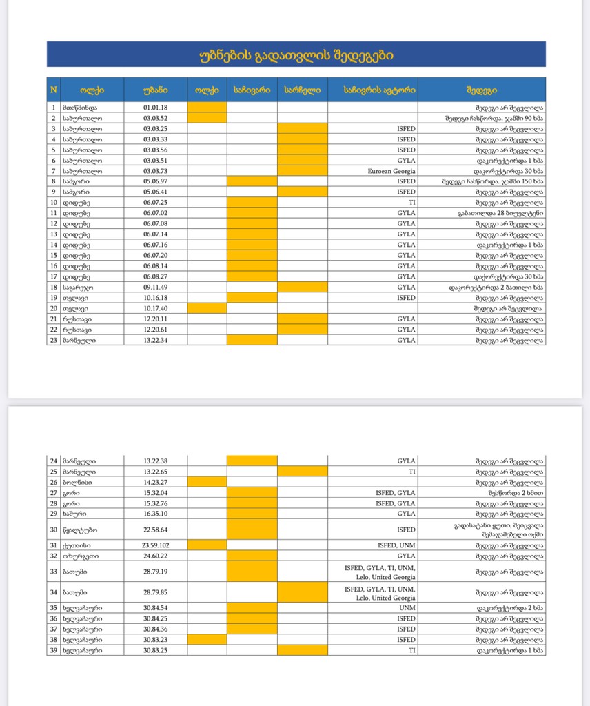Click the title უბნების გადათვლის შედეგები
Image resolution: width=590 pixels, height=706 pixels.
pyautogui.click(x=296, y=54)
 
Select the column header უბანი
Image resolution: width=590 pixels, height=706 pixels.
pyautogui.click(x=155, y=90)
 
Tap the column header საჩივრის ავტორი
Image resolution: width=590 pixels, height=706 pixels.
pyautogui.click(x=372, y=90)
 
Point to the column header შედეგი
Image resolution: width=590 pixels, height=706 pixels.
pyautogui.click(x=481, y=90)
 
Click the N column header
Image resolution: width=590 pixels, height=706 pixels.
pyautogui.click(x=53, y=90)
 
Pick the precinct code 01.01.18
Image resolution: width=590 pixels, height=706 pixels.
pyautogui.click(x=155, y=108)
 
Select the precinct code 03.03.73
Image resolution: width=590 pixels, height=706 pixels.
pyautogui.click(x=155, y=171)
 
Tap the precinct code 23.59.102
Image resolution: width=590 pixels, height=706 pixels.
pyautogui.click(x=155, y=545)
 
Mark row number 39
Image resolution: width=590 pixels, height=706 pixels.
pyautogui.click(x=53, y=650)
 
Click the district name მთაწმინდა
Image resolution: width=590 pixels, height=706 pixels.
pyautogui.click(x=82, y=108)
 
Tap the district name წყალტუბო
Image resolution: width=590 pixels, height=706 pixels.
pyautogui.click(x=82, y=529)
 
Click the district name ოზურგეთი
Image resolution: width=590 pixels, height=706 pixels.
pyautogui.click(x=82, y=556)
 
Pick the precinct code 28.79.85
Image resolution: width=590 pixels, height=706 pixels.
pyautogui.click(x=155, y=592)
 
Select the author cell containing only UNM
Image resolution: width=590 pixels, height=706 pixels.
pyautogui.click(x=407, y=608)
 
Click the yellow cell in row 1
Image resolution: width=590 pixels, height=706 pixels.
pyautogui.click(x=207, y=108)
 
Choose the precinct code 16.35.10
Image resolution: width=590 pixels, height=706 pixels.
pyautogui.click(x=155, y=514)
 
